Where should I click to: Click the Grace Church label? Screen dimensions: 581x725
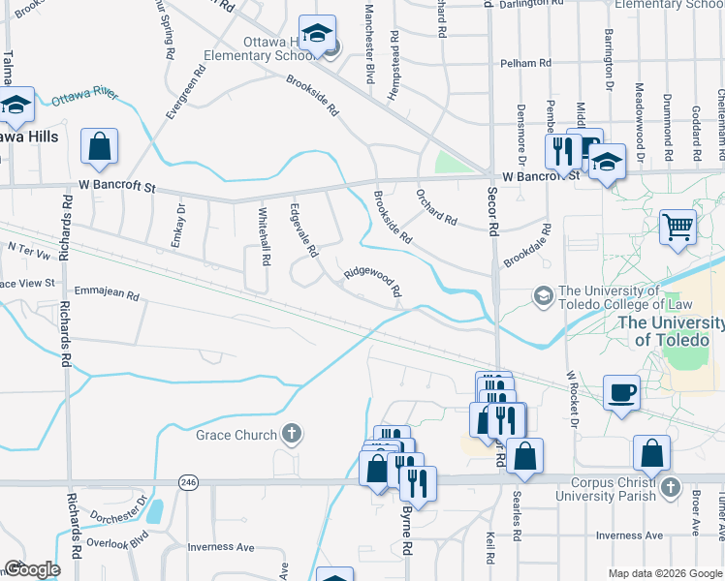[236, 435]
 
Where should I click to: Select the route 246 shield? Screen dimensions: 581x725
[187, 481]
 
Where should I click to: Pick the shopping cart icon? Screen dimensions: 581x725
[678, 228]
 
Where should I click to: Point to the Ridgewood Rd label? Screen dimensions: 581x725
[372, 282]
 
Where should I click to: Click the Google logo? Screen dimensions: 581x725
[32, 569]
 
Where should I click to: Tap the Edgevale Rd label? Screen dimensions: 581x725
[304, 230]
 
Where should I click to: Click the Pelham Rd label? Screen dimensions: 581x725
[526, 63]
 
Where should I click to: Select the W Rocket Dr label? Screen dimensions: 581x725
[572, 399]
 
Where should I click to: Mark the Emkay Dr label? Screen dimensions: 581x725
[177, 226]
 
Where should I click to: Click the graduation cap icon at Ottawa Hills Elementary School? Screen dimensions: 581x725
[316, 34]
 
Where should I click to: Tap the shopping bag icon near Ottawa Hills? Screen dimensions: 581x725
[99, 147]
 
